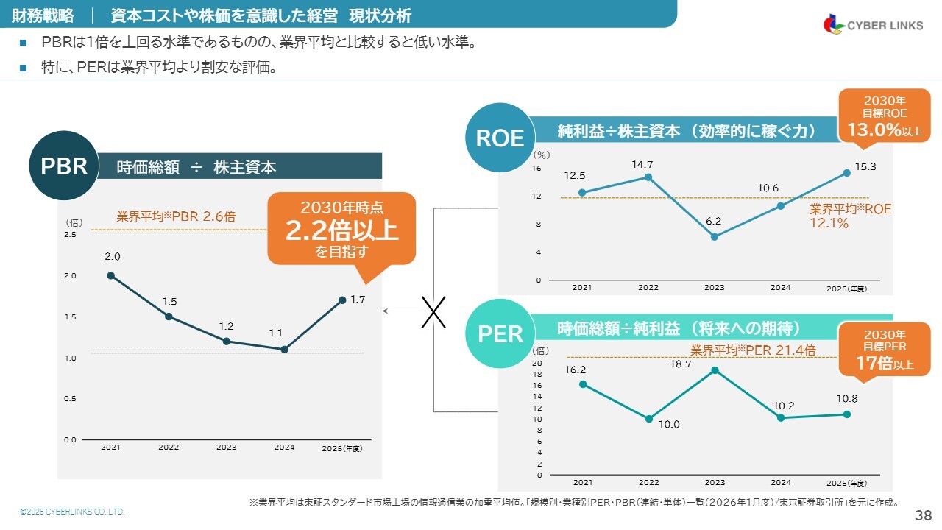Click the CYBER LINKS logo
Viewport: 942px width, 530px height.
pos(873,24)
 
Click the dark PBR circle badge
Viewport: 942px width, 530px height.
pos(64,166)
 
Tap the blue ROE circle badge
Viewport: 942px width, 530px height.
pos(500,138)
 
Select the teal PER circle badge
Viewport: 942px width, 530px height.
pos(500,333)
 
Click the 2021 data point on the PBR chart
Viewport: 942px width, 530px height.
pos(110,275)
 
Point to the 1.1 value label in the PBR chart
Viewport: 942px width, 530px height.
pos(275,333)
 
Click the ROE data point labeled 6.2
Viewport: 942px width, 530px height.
pos(714,236)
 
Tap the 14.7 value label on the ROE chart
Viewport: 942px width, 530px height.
pos(642,164)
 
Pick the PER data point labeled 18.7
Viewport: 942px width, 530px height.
pos(714,370)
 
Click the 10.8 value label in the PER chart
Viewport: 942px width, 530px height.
pos(846,398)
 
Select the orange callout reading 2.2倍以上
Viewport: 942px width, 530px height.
pos(341,229)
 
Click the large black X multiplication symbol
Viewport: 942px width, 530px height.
pos(434,311)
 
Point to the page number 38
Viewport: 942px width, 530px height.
pos(923,515)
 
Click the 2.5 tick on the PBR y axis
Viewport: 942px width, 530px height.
pos(70,234)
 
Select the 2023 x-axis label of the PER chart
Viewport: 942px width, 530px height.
pos(714,483)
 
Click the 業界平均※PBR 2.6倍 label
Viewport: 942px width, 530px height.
pos(176,217)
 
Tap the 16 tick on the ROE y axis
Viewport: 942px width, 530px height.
pos(536,169)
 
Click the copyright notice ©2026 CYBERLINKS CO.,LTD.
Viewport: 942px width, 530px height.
pos(72,512)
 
